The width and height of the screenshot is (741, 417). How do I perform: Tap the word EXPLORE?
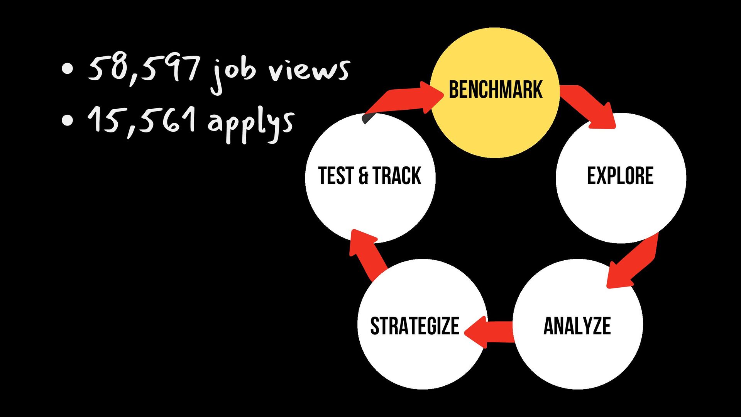pyautogui.click(x=620, y=176)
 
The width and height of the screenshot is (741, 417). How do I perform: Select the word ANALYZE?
pyautogui.click(x=577, y=326)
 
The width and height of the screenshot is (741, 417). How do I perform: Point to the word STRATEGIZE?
pyautogui.click(x=414, y=326)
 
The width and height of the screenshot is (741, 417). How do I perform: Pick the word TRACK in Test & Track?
pyautogui.click(x=397, y=176)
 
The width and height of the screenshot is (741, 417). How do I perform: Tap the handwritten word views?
pyautogui.click(x=309, y=70)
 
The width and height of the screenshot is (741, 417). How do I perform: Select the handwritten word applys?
pyautogui.click(x=251, y=123)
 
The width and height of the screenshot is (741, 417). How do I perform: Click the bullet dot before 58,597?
pyautogui.click(x=67, y=69)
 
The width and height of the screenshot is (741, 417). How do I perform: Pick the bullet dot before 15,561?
pyautogui.click(x=67, y=120)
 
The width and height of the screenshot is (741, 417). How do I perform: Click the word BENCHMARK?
pyautogui.click(x=496, y=90)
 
